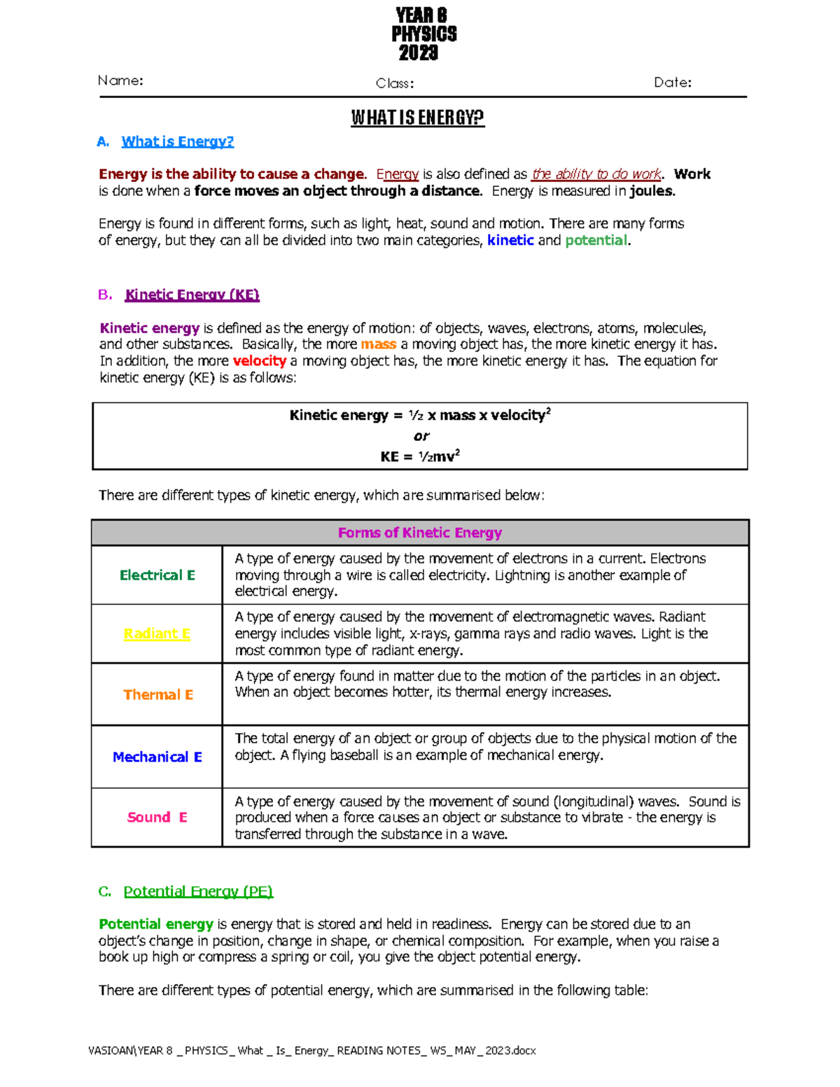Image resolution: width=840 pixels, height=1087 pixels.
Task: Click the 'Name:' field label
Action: (120, 80)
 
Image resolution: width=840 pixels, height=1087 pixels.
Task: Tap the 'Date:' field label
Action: (672, 83)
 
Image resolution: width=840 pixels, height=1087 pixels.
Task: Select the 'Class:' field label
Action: (395, 83)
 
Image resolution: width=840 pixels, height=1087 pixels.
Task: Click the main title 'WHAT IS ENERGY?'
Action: (417, 118)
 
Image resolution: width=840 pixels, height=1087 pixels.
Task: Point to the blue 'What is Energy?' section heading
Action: (177, 141)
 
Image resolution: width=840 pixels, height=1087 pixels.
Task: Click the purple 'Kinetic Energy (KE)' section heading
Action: (192, 295)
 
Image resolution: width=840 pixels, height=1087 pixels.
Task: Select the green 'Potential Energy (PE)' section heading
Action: (198, 891)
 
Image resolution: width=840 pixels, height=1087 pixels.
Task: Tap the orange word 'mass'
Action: (379, 344)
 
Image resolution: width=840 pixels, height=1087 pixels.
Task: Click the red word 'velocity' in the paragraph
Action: (259, 361)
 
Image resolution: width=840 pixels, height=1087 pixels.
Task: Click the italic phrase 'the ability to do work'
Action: (596, 174)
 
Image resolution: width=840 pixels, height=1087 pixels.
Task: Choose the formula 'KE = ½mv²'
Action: (420, 456)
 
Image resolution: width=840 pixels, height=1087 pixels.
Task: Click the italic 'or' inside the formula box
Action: (421, 436)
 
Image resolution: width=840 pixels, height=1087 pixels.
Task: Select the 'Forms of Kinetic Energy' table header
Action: (420, 533)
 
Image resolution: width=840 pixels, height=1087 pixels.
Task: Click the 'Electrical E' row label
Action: (157, 575)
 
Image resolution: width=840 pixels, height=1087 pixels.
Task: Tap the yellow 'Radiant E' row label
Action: (157, 633)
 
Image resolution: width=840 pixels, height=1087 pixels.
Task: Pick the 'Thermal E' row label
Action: (158, 694)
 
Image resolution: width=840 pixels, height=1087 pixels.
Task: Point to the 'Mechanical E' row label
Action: (157, 757)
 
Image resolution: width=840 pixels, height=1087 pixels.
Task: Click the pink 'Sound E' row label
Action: (157, 818)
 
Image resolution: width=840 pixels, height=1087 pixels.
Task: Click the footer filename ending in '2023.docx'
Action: (312, 1051)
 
